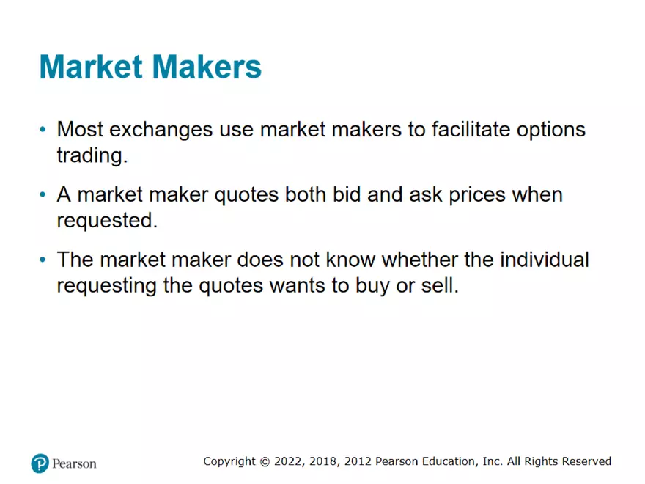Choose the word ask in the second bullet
pyautogui.click(x=462, y=195)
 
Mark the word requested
pyautogui.click(x=107, y=221)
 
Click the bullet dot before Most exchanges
pyautogui.click(x=43, y=130)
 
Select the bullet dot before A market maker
pyautogui.click(x=43, y=195)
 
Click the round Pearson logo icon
pyautogui.click(x=40, y=463)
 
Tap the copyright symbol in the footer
pyautogui.click(x=265, y=462)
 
